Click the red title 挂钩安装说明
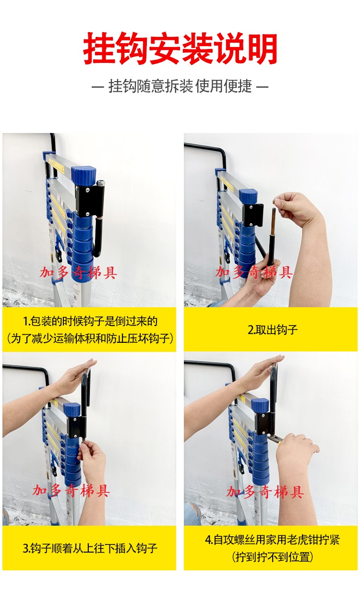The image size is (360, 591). (x=180, y=49)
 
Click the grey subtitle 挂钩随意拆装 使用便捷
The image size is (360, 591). (x=180, y=86)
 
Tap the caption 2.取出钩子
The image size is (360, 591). (x=273, y=329)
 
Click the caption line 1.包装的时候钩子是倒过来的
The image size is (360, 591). (x=90, y=321)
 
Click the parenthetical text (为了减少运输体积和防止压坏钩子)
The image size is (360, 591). (x=90, y=338)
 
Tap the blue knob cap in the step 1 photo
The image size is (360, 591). (x=84, y=175)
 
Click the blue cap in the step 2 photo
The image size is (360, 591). (x=248, y=196)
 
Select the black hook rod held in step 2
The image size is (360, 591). (x=271, y=237)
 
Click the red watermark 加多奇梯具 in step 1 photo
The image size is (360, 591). (x=78, y=273)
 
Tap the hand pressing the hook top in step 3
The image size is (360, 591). (x=76, y=373)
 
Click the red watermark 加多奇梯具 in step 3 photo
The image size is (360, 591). (x=71, y=491)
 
